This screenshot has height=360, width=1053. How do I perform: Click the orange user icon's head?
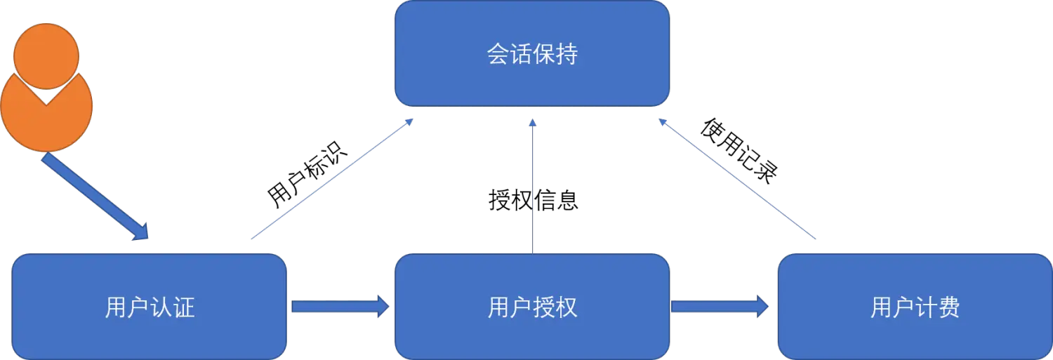[46, 55]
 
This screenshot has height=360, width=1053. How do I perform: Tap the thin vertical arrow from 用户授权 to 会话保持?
[533, 186]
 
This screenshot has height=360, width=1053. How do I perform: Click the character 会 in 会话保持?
[498, 54]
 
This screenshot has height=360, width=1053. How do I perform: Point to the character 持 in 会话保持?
[567, 54]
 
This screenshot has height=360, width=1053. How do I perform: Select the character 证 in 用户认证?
[184, 307]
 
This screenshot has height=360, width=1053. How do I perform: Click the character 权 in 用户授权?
[567, 307]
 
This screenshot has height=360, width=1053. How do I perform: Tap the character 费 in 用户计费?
[949, 307]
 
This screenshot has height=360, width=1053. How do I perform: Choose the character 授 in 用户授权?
[544, 307]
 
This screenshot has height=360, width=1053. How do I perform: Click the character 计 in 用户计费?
[927, 307]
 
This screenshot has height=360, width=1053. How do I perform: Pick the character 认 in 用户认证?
[161, 307]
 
